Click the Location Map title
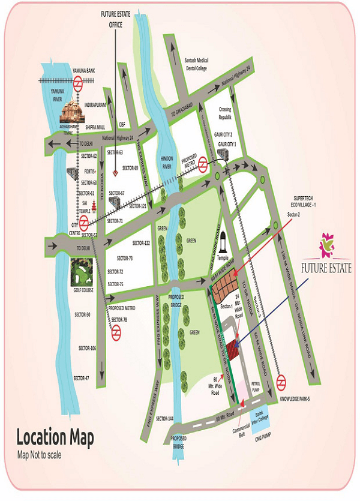[x=55, y=439]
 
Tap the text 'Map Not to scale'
[x=39, y=455]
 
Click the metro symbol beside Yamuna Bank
[x=77, y=85]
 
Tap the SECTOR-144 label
[x=165, y=418]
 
